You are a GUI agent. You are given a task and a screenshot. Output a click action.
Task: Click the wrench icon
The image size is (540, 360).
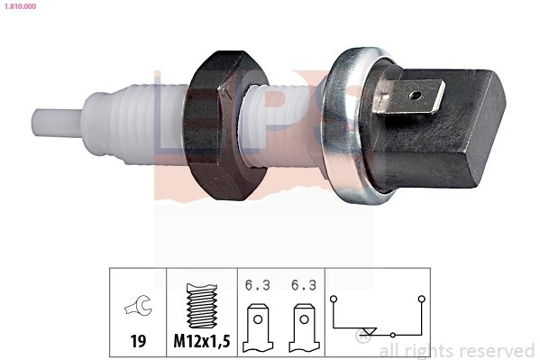click(138, 308)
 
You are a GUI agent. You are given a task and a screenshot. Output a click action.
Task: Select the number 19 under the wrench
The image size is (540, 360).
click(138, 343)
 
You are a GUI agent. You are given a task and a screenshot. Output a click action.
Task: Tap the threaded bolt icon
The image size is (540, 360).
click(201, 308)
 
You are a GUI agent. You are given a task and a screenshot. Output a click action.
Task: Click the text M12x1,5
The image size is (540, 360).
click(201, 343)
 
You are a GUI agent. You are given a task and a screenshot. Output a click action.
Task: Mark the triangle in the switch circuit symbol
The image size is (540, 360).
click(365, 331)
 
